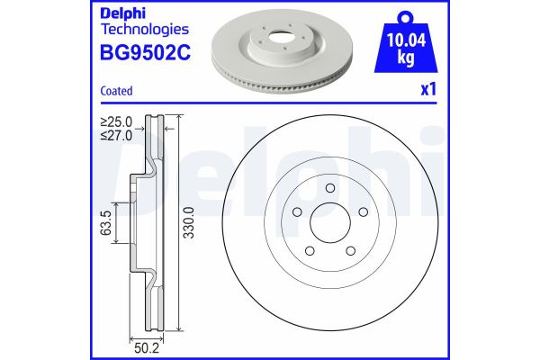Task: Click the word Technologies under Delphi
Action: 132,31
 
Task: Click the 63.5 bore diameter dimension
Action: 106,222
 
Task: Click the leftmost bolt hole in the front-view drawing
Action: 296,212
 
